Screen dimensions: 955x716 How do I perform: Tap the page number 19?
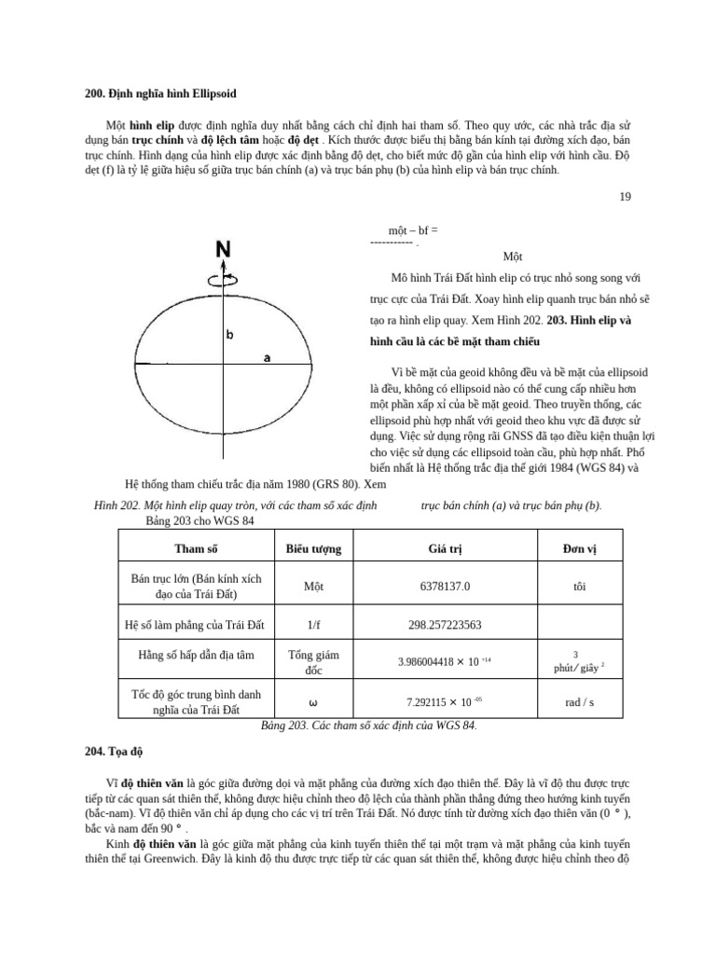coord(625,197)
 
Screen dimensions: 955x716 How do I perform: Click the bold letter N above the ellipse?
coord(224,250)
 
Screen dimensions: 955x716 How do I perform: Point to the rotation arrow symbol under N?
coord(224,277)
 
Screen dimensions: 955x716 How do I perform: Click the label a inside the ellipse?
coord(267,357)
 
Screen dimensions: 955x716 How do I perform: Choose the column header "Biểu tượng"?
coord(313,548)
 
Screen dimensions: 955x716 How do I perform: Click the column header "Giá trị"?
coord(445,548)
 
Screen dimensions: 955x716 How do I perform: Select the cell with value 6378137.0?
coord(445,587)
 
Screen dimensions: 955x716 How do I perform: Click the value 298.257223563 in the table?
coord(445,625)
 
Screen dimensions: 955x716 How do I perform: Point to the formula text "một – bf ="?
coord(413,229)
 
